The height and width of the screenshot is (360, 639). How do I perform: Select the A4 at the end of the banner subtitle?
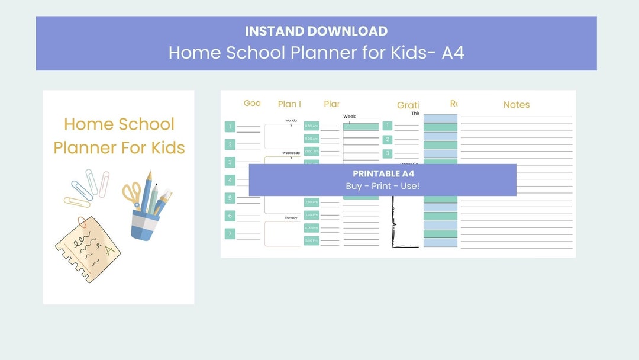point(453,52)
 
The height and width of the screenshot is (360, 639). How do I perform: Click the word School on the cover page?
point(144,124)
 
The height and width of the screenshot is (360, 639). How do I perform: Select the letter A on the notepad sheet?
point(109,250)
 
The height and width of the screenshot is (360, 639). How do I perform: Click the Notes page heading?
point(516,105)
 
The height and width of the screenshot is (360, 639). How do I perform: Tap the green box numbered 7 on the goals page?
point(230,234)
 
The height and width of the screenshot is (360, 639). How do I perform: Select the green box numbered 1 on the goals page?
point(230,126)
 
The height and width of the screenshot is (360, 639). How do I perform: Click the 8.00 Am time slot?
point(311,126)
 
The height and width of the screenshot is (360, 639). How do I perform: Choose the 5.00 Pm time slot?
point(311,240)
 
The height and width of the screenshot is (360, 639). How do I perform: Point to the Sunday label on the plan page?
point(291,218)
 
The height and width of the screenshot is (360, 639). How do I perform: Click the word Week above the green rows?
point(349,117)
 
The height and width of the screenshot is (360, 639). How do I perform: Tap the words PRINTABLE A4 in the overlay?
point(383,174)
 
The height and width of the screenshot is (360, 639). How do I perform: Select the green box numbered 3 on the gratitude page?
point(388,153)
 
